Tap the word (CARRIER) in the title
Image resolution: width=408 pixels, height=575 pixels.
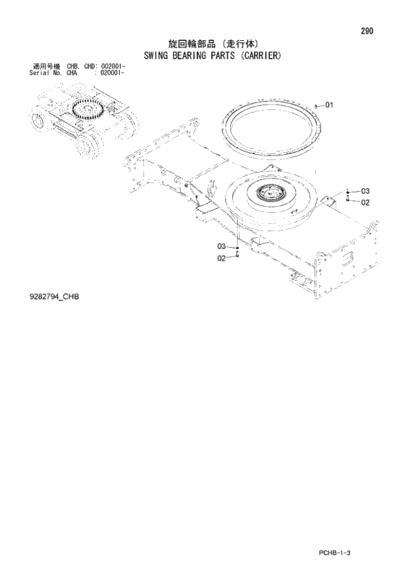click(259, 56)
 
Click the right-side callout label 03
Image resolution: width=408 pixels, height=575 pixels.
click(365, 192)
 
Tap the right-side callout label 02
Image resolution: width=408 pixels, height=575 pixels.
click(365, 202)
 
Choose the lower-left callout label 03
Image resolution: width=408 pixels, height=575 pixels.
click(222, 246)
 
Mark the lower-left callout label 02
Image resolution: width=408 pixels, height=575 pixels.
click(222, 258)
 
